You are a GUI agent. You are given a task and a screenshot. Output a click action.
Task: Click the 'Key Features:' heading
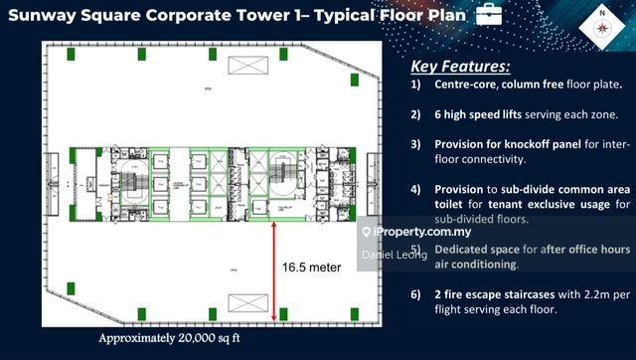pos(461,67)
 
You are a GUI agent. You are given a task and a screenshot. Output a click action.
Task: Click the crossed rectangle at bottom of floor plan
pos(246,304)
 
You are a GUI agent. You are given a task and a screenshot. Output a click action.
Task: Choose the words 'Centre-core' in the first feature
pos(469,87)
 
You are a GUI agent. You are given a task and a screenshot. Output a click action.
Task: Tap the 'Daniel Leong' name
pos(396,255)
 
